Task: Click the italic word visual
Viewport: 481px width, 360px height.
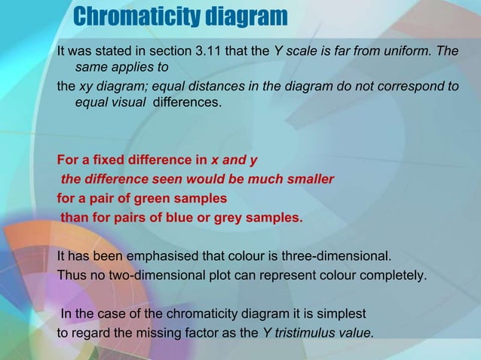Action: click(x=127, y=102)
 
